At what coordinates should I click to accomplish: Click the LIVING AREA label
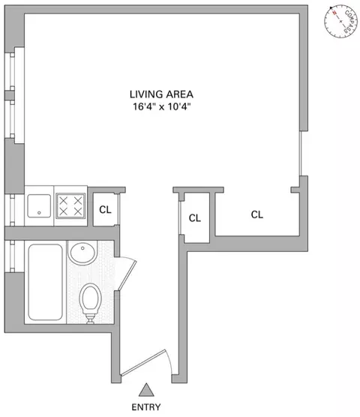click(x=161, y=94)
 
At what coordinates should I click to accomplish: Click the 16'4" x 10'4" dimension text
click(x=161, y=106)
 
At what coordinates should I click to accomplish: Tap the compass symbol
click(x=341, y=20)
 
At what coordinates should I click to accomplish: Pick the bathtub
click(x=46, y=283)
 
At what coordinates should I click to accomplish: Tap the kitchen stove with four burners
click(x=72, y=205)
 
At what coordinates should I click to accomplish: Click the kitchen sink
click(x=39, y=205)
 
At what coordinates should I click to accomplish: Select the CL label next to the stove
click(x=105, y=210)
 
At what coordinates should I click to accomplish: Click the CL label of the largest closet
click(x=257, y=214)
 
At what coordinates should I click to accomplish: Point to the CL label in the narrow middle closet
click(x=195, y=219)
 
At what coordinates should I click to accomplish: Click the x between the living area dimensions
click(x=161, y=106)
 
